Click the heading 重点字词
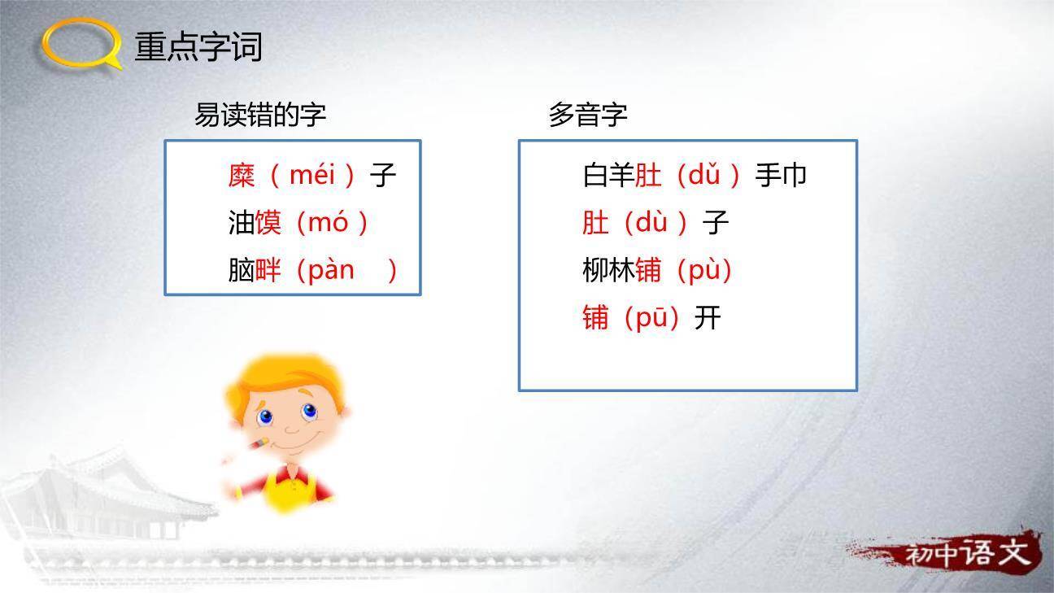pyautogui.click(x=198, y=46)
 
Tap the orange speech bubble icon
pyautogui.click(x=81, y=44)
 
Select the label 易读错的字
pyautogui.click(x=260, y=115)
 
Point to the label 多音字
pyautogui.click(x=588, y=115)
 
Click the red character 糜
pyautogui.click(x=242, y=175)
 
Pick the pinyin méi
pyautogui.click(x=312, y=175)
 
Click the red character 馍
pyautogui.click(x=268, y=222)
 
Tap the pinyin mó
pyautogui.click(x=328, y=222)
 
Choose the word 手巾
pyautogui.click(x=781, y=175)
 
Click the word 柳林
pyautogui.click(x=608, y=270)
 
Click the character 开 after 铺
pyautogui.click(x=708, y=317)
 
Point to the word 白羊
pyautogui.click(x=608, y=175)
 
